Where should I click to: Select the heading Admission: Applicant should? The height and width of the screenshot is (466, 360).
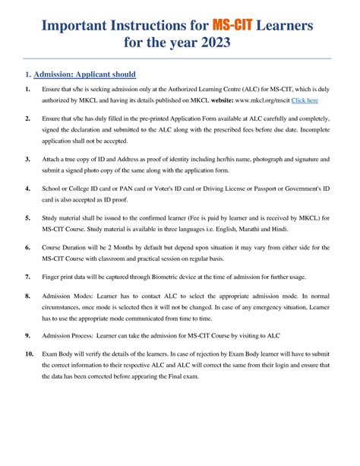click(85, 74)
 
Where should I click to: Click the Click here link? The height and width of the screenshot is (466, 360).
click(305, 100)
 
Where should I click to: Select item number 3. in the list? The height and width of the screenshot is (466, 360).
click(27, 160)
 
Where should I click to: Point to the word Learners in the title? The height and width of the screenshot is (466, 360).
click(292, 27)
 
